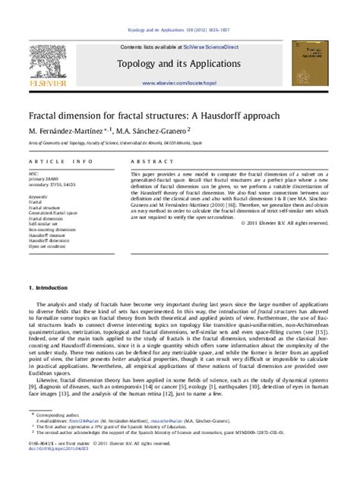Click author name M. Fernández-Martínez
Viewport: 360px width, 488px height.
(x=68, y=132)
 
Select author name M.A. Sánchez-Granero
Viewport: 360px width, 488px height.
(x=156, y=132)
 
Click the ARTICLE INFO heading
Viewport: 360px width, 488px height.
(x=61, y=163)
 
